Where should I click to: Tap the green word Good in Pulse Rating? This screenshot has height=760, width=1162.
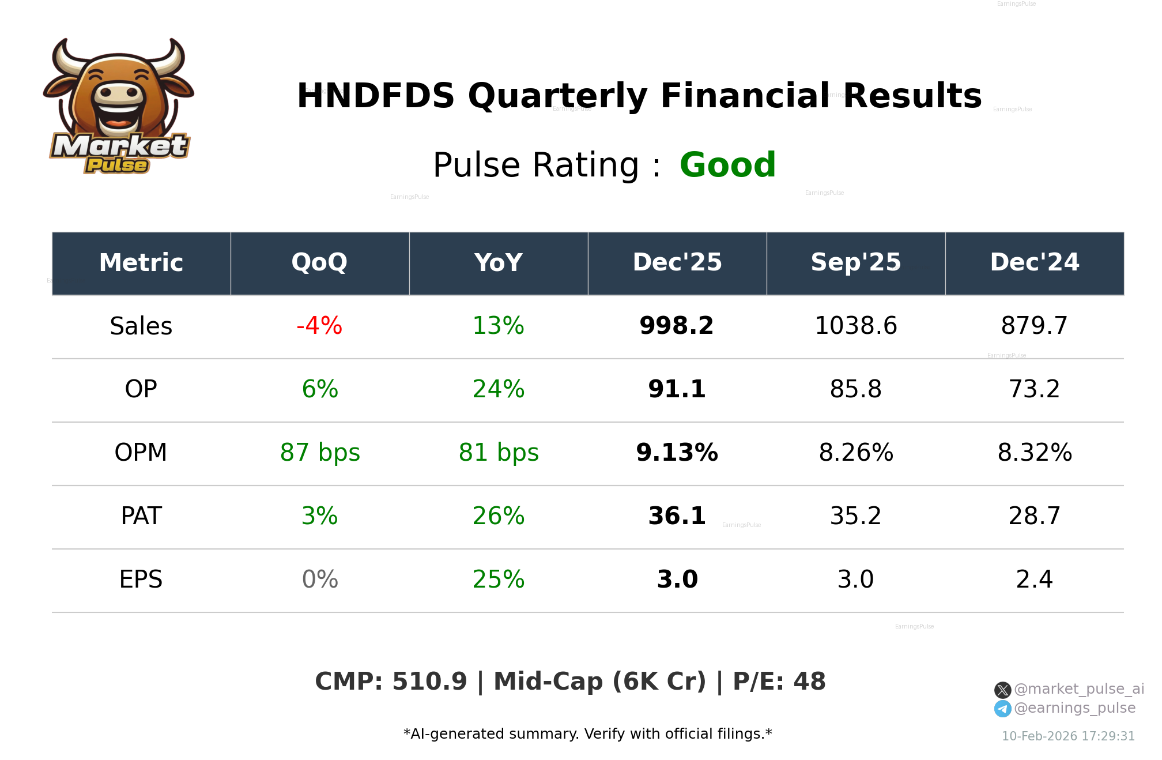(727, 165)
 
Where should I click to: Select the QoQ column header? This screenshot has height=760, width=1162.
(319, 263)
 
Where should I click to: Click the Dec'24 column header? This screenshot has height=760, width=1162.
(1034, 263)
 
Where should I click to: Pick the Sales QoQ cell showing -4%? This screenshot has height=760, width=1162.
(319, 326)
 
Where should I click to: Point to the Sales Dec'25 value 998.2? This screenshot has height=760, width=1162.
(677, 326)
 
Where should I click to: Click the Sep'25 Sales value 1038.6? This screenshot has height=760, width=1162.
(855, 326)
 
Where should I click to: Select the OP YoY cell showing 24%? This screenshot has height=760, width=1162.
(498, 389)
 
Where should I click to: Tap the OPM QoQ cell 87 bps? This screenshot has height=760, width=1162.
(319, 453)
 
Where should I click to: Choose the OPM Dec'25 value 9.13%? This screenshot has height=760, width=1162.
(677, 453)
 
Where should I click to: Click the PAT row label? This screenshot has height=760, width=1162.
(141, 516)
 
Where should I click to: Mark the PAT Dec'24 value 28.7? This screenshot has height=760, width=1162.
(1034, 516)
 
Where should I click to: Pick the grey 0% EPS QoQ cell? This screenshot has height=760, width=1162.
(319, 580)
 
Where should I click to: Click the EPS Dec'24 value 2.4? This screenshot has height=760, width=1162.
(1034, 580)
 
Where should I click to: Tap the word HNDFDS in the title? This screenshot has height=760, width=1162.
(375, 96)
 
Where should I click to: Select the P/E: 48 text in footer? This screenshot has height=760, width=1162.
(779, 682)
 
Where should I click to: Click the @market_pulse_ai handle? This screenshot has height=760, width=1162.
(1078, 689)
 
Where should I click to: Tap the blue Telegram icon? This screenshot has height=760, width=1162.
(1002, 709)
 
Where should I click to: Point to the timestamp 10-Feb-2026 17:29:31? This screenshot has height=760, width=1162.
(1068, 736)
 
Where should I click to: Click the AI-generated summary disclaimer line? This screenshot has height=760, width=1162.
(587, 734)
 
